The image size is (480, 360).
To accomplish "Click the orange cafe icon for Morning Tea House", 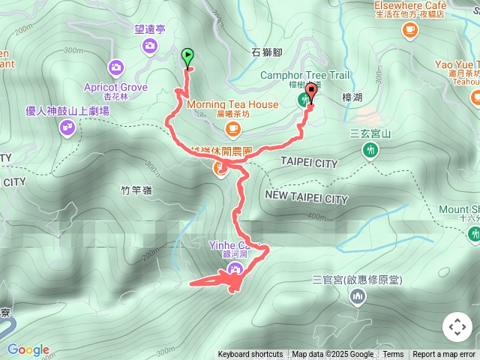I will [x=232, y=129].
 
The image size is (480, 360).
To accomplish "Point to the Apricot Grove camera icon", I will [x=115, y=67].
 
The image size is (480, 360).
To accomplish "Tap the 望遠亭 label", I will [x=150, y=31].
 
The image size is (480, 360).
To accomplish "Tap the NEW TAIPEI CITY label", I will [x=307, y=199].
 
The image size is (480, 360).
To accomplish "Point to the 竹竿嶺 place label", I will [x=136, y=190].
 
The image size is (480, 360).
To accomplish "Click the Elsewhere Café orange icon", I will [x=409, y=29].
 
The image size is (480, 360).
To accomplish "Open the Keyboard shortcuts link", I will [x=250, y=354].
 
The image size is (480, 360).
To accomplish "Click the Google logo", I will [x=28, y=349].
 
